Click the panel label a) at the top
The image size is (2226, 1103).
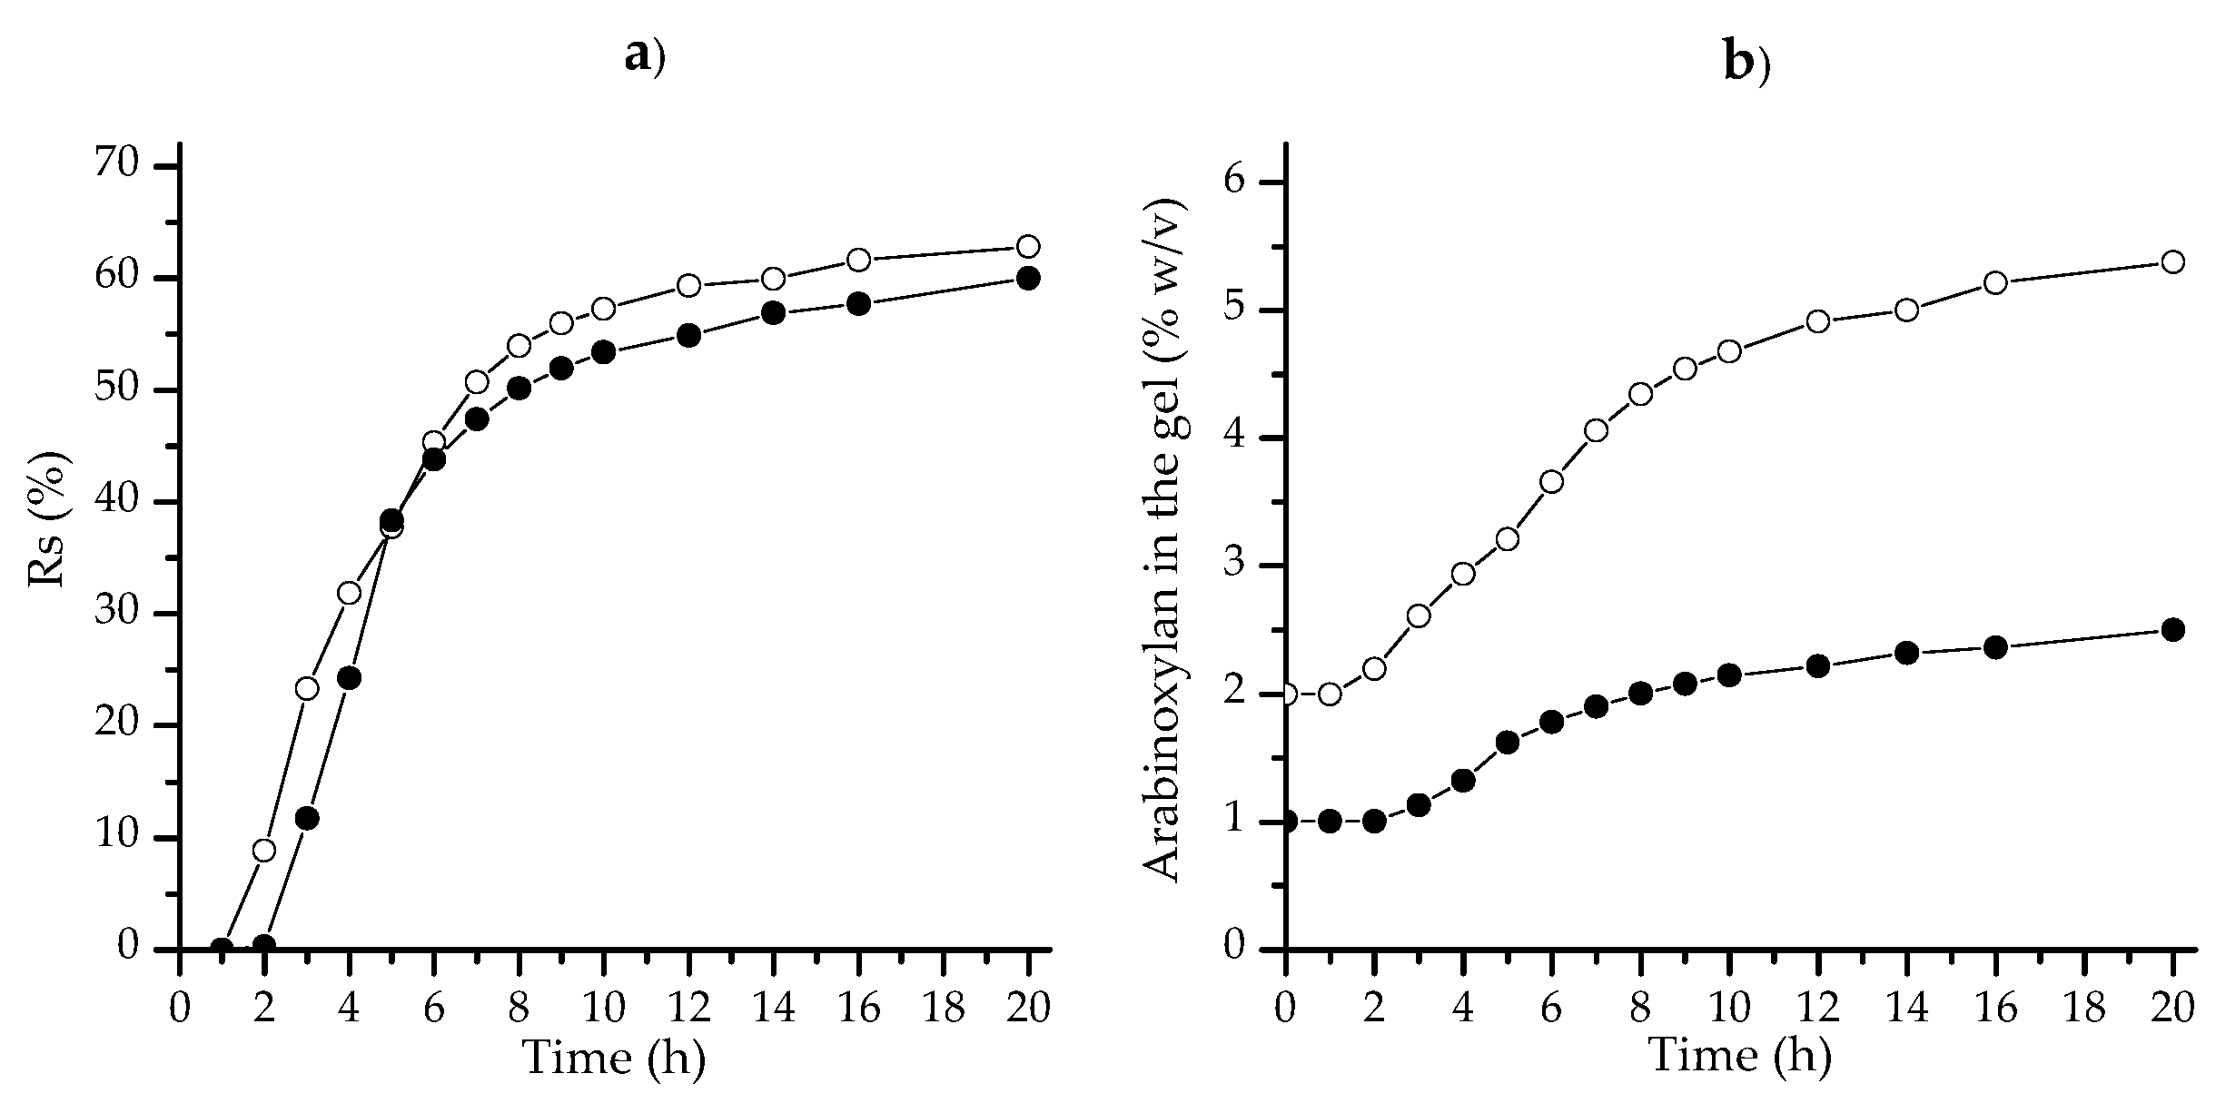[x=645, y=57]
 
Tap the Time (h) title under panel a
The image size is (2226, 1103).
[x=615, y=1059]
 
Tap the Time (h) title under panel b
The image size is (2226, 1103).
[x=1738, y=1056]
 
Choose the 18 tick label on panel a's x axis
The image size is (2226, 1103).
[x=944, y=1009]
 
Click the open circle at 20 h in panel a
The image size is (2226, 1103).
[x=1028, y=246]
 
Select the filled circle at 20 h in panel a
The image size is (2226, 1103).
[x=1028, y=278]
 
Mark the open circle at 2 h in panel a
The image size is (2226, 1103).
[x=264, y=851]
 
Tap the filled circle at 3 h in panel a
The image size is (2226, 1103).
[x=307, y=819]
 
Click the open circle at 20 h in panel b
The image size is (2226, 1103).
[x=2173, y=262]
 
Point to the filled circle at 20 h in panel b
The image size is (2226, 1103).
[x=2173, y=630]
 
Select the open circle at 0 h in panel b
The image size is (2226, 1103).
[x=1286, y=694]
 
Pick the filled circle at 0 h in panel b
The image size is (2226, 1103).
[x=1286, y=822]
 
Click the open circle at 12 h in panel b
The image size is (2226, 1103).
[x=1817, y=321]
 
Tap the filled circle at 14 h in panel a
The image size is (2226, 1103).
[x=774, y=313]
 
